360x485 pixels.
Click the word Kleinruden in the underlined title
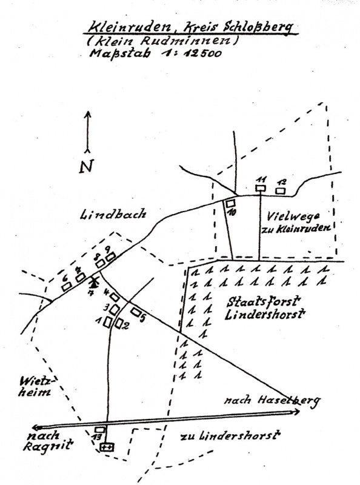pos(130,27)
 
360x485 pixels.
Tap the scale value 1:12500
pos(191,53)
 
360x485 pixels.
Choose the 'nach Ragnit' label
pos(50,441)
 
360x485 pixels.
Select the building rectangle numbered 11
pos(261,188)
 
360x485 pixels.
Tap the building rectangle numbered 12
pos(281,191)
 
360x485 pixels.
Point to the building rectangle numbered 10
pos(230,204)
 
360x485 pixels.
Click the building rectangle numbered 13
pos(99,430)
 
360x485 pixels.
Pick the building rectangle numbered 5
pos(136,312)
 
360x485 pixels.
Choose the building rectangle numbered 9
pos(110,256)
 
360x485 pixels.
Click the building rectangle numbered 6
pos(66,286)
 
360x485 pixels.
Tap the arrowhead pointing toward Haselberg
pos(296,412)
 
